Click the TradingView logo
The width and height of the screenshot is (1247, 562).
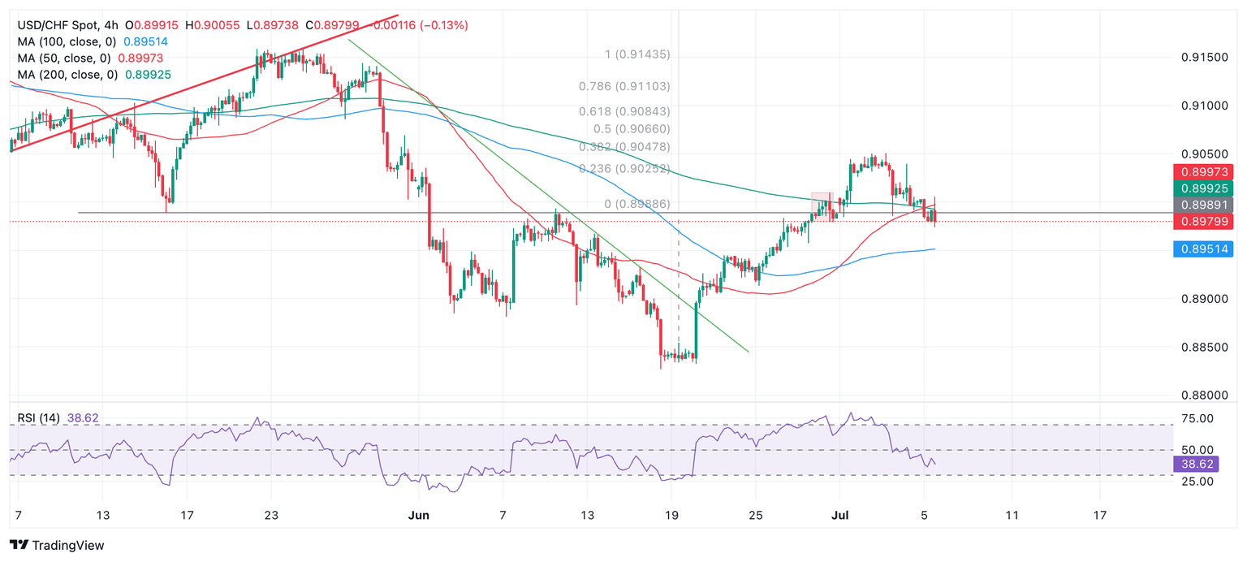pos(57,546)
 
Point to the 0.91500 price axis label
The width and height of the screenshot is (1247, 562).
pos(1203,58)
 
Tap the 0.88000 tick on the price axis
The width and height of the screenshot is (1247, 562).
pos(1203,396)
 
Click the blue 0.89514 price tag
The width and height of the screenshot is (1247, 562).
pos(1203,249)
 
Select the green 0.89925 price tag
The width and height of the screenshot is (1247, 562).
pos(1203,188)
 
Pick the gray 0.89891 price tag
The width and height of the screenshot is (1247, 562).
pos(1203,205)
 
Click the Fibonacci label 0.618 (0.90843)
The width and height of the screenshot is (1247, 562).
pos(624,111)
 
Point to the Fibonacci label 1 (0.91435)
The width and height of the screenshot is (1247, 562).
pos(637,54)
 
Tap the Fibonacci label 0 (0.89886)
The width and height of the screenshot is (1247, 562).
pos(637,204)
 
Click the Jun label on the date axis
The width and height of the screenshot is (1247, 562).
pos(418,515)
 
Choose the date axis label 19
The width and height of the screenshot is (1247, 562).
pos(671,515)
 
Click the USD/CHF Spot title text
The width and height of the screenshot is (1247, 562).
pos(58,25)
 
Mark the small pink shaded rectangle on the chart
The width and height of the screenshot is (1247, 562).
pos(822,206)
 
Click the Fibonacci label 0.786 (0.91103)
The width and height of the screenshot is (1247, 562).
pos(624,86)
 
